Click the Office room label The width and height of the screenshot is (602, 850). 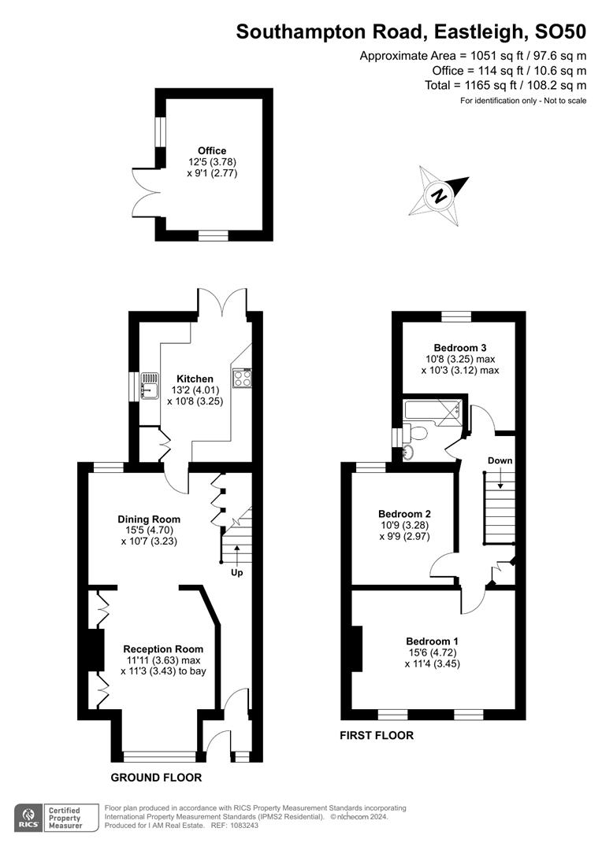212,150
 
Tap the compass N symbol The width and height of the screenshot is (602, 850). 440,196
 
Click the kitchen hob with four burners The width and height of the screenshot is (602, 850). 243,378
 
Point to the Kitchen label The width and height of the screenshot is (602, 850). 195,379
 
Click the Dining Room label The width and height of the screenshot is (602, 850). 149,519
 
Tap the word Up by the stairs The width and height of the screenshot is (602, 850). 236,572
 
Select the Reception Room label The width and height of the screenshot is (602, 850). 163,649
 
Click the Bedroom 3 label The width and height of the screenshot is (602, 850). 460,348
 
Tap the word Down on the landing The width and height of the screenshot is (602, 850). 500,460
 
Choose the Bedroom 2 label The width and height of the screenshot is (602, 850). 404,514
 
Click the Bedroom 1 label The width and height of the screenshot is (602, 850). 432,641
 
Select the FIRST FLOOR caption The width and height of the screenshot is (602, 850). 377,735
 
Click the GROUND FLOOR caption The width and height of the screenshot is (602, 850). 156,778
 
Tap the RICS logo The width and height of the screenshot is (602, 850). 28,818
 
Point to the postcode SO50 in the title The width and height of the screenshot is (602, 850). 560,32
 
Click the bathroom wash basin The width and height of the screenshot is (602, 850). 409,452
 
